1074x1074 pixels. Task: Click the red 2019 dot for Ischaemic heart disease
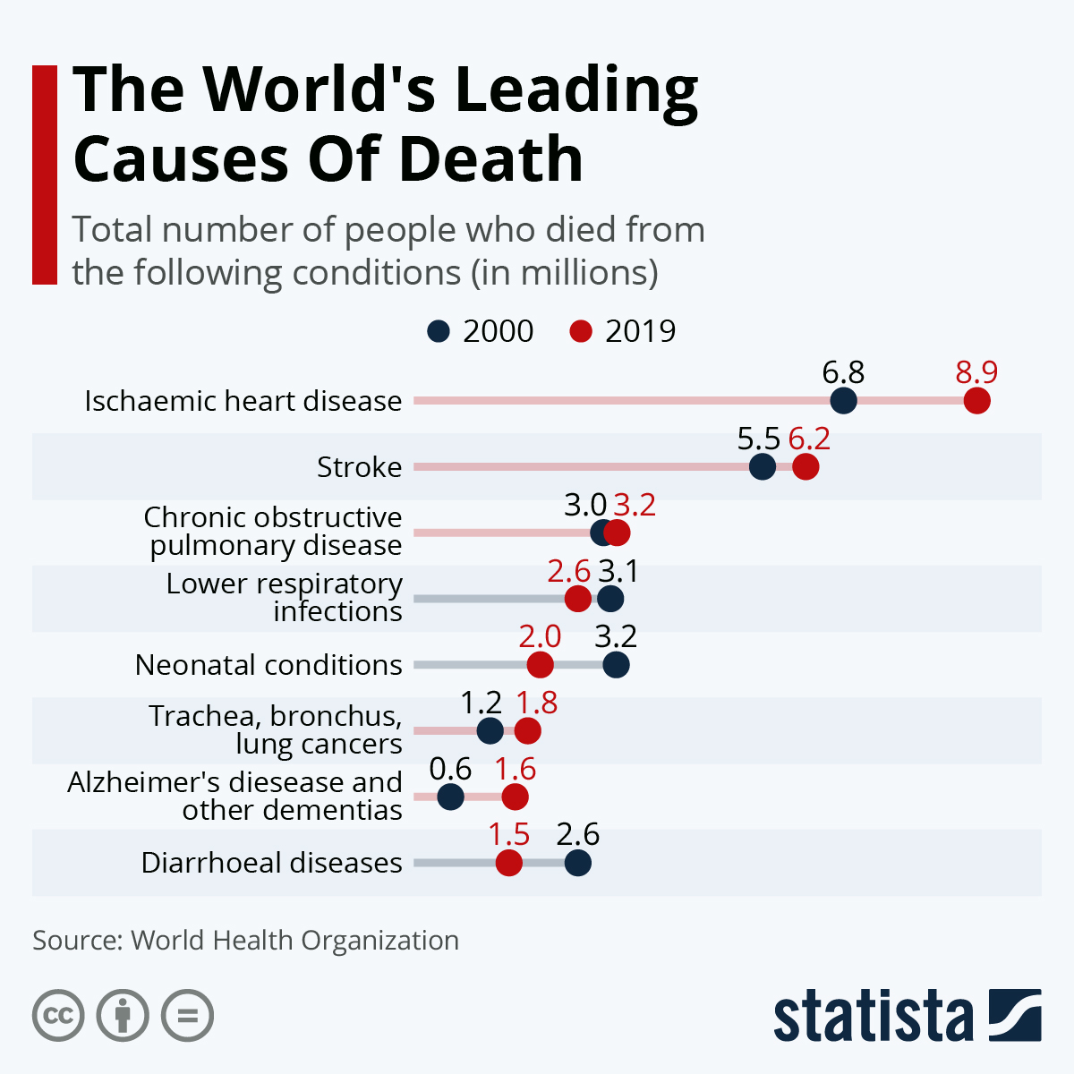coord(976,401)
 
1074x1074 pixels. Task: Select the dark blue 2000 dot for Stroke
coord(762,466)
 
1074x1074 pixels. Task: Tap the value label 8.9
coord(976,371)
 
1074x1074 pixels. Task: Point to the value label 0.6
coord(450,768)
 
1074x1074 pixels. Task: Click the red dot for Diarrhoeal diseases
coord(508,863)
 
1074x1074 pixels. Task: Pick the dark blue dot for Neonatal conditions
coord(616,665)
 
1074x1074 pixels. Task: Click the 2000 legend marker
coord(439,331)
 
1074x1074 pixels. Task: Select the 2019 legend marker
coord(581,331)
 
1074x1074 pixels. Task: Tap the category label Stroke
coord(359,467)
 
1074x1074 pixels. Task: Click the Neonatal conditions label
coord(268,665)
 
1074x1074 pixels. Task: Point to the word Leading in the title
coord(576,89)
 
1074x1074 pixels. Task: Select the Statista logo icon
coord(1015,1015)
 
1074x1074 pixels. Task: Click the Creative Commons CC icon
coord(58,1016)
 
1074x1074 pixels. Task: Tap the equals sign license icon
coord(188,1016)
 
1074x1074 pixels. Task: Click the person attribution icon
coord(124,1016)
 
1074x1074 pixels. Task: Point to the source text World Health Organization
coord(294,941)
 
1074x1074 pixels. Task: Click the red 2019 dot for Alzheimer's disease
coord(515,797)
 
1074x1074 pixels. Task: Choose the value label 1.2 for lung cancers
coord(481,703)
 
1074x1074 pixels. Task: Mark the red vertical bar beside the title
coord(45,175)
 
